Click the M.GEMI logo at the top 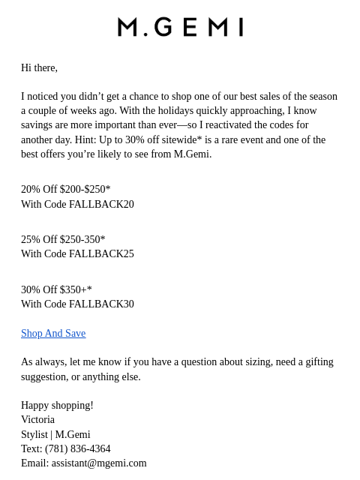[x=180, y=27]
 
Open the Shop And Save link [x=53, y=334]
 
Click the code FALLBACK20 [x=101, y=204]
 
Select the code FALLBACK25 [x=101, y=254]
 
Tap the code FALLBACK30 [x=101, y=304]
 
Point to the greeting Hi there [x=39, y=67]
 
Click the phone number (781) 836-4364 [x=77, y=449]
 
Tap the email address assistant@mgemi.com [x=99, y=463]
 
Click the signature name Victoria [x=37, y=420]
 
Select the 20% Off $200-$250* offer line [x=66, y=190]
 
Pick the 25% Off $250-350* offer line [x=63, y=240]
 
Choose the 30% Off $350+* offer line [x=56, y=290]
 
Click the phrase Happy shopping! [x=57, y=406]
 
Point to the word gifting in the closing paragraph [x=317, y=362]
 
